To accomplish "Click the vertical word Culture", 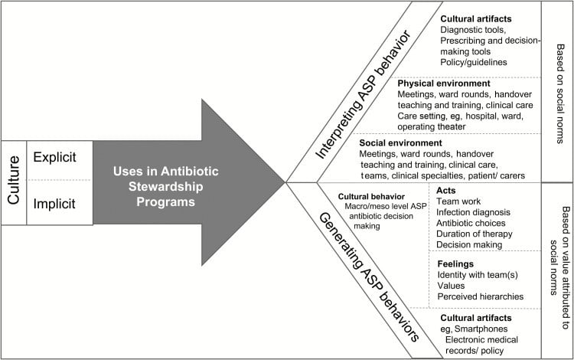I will pyautogui.click(x=13, y=182).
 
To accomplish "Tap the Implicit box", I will pyautogui.click(x=60, y=203).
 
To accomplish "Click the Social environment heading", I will pyautogui.click(x=400, y=142).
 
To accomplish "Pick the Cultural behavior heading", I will pyautogui.click(x=364, y=196).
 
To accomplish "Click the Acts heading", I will pyautogui.click(x=447, y=189).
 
